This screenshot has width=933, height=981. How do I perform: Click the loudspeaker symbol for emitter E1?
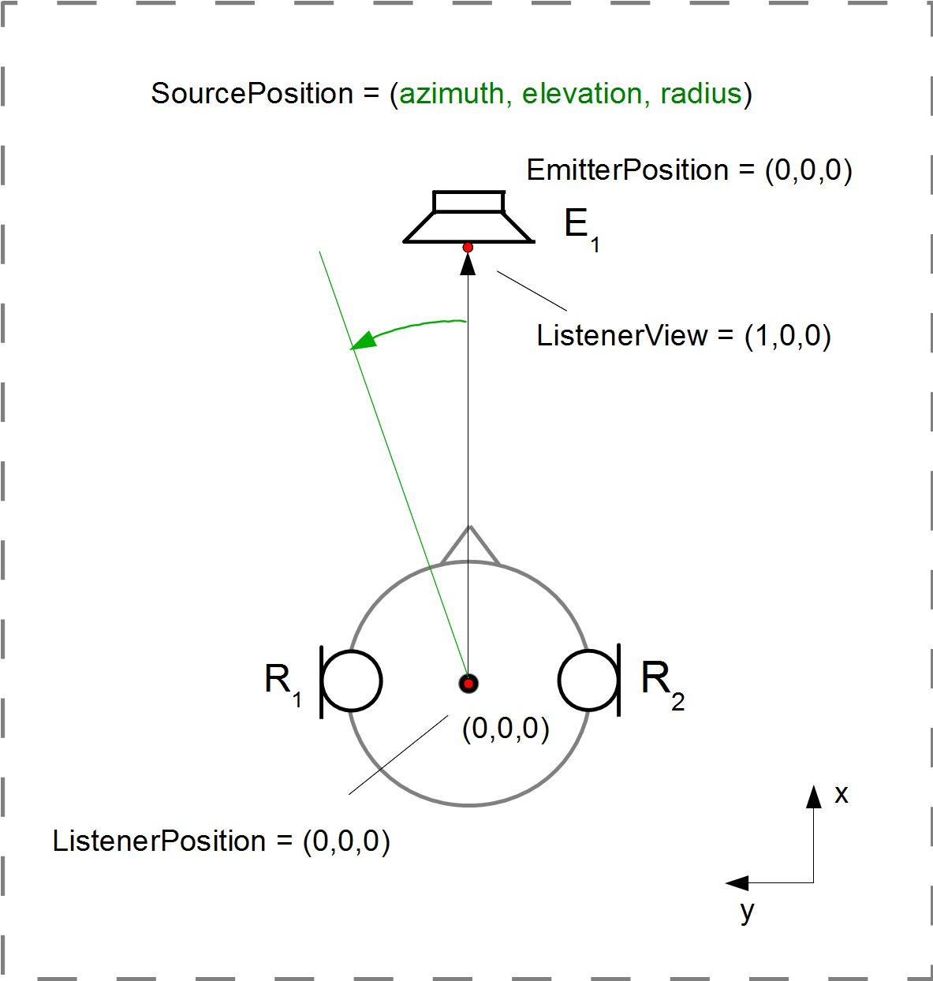coord(468,218)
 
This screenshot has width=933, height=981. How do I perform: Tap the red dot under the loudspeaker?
coord(468,248)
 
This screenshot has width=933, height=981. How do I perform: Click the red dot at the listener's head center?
coord(468,683)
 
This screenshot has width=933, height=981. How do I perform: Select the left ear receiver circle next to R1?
coord(353,681)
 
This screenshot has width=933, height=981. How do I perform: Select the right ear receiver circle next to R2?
coord(588,680)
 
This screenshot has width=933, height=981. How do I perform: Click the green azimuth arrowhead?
coord(362,341)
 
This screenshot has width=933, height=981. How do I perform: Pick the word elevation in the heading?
coord(582,94)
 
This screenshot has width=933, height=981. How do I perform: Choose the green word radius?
coord(701,94)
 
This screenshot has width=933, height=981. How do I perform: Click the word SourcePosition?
coord(252,94)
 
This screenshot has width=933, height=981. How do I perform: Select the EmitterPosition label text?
coord(628,170)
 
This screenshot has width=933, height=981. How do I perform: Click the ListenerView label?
coord(623,336)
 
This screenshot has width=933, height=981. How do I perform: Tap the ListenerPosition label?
coord(159,841)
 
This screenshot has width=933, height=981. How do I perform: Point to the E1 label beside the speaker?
coord(581,227)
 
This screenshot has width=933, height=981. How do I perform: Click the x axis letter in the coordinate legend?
coord(842,794)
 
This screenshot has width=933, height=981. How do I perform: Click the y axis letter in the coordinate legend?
coord(747,912)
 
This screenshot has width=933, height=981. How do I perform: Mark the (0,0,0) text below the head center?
coord(506,729)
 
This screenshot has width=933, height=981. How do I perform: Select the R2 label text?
coord(662,683)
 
